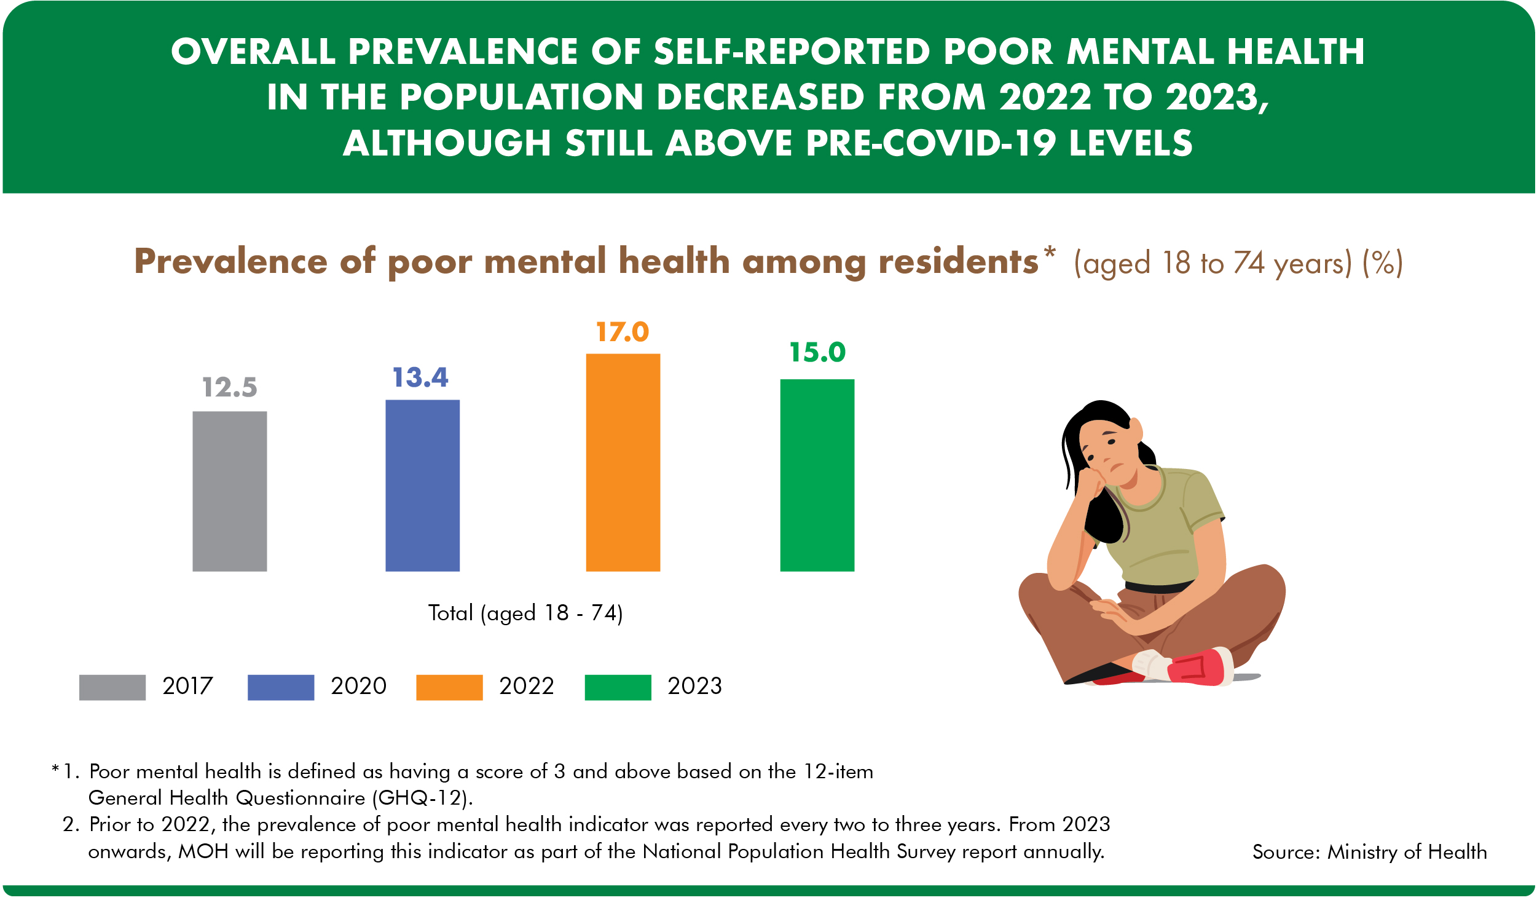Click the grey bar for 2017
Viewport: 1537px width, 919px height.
tap(230, 491)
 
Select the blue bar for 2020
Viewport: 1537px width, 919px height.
tap(422, 486)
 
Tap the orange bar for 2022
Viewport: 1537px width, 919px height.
tap(623, 463)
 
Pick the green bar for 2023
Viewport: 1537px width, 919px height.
tap(817, 475)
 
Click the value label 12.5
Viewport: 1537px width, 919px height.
tap(230, 388)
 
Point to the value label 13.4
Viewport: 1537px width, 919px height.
tap(420, 378)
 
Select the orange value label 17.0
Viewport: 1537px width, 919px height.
tap(622, 333)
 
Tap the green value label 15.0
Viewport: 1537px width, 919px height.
tap(817, 352)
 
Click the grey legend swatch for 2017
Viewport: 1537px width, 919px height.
tap(112, 687)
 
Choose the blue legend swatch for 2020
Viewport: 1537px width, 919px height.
tap(280, 687)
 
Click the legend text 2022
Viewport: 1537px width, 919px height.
tap(526, 686)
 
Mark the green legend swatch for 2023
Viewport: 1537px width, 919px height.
tap(618, 687)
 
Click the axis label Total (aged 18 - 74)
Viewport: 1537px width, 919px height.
tap(525, 613)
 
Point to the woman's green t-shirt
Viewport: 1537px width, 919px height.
tap(1164, 526)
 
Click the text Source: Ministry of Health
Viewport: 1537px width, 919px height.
tap(1369, 852)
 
